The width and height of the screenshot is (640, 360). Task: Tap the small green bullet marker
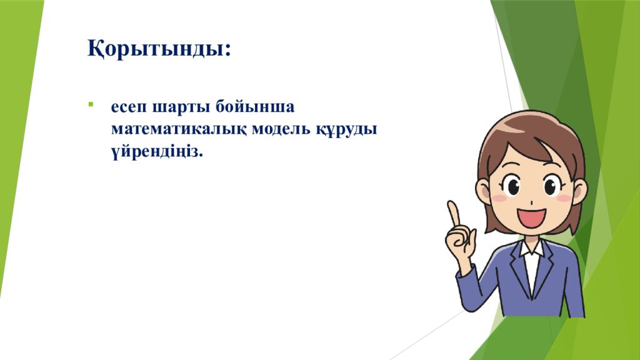tap(91, 104)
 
